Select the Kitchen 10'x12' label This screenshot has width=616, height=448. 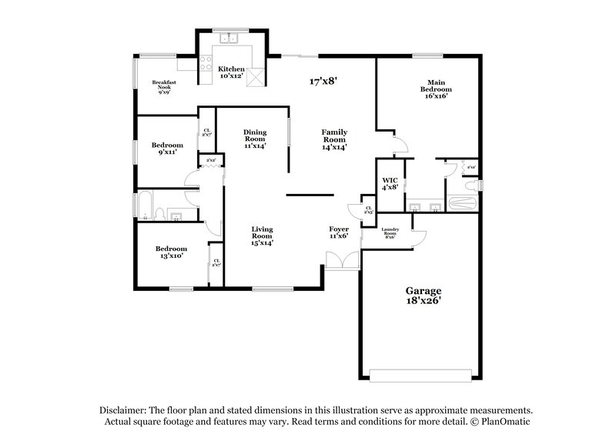point(231,72)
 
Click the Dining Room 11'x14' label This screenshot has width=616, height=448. point(255,139)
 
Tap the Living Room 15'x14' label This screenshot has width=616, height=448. point(263,236)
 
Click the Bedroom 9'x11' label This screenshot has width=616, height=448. point(167,149)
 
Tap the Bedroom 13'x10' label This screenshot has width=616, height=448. point(170,252)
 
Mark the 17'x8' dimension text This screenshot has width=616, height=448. point(323,81)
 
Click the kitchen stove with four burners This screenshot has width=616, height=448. point(206,63)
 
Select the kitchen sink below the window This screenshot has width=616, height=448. point(229,38)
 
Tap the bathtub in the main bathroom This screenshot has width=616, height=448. point(463,204)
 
